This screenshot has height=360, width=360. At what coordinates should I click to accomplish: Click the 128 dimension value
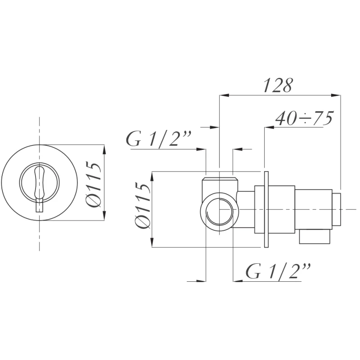(278, 85)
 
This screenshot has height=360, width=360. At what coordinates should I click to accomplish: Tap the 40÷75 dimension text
(304, 118)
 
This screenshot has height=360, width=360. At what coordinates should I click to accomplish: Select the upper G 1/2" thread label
(159, 139)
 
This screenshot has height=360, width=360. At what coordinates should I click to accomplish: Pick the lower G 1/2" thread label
(278, 271)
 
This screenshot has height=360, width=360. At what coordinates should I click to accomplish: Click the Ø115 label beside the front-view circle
(94, 184)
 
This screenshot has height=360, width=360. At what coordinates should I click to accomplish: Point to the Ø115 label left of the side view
(143, 205)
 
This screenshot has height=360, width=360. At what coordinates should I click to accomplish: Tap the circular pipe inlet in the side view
(219, 211)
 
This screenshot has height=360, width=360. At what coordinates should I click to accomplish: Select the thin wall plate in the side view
(266, 209)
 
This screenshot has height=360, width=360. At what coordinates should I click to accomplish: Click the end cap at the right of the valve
(336, 209)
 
